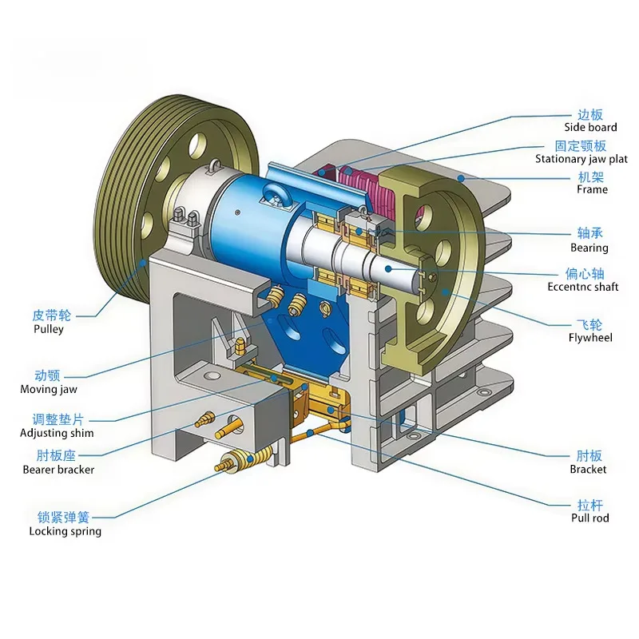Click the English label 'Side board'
(x=590, y=127)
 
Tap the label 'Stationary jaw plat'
(x=581, y=159)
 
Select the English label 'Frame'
(x=592, y=189)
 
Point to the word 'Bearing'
(x=589, y=248)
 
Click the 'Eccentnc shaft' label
(x=582, y=287)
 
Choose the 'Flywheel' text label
(x=590, y=337)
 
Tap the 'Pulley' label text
(x=49, y=329)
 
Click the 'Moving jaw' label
(x=49, y=389)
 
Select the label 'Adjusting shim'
(x=57, y=433)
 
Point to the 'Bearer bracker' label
(x=58, y=470)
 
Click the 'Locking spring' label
(x=65, y=531)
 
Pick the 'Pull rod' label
(x=590, y=518)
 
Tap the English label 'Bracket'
(x=589, y=469)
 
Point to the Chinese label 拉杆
(x=589, y=504)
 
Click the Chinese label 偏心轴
(x=584, y=272)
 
